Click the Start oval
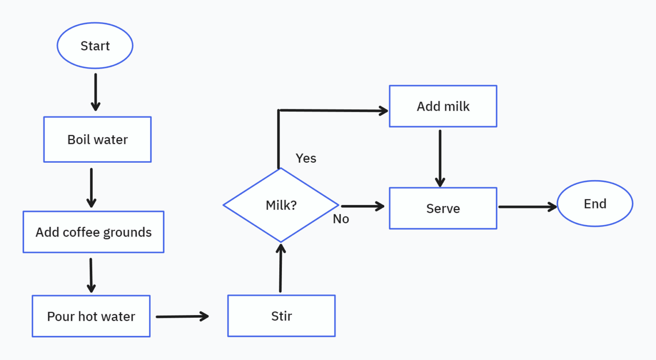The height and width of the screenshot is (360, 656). [x=95, y=46]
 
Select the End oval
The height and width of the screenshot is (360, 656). [x=595, y=204]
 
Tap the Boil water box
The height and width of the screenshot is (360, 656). [x=97, y=140]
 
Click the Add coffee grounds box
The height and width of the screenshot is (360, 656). [x=94, y=232]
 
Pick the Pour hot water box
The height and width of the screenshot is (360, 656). [x=91, y=316]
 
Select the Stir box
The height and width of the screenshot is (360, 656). [x=281, y=316]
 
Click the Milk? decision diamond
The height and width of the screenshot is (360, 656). [x=281, y=205]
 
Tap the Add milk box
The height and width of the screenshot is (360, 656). [x=443, y=106]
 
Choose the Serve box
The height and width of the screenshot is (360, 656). [x=443, y=208]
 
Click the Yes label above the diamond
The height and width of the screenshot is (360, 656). [x=306, y=158]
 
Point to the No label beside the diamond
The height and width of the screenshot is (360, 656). [x=341, y=219]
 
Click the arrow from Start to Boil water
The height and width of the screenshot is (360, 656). [x=96, y=92]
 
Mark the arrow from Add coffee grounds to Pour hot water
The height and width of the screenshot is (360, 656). [x=91, y=275]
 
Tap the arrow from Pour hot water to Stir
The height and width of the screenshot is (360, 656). [x=182, y=316]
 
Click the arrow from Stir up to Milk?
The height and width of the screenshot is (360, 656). [x=281, y=269]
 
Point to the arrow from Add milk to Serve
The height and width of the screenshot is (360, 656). [x=440, y=158]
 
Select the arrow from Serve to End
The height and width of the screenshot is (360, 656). [x=527, y=207]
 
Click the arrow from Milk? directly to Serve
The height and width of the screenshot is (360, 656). [x=363, y=206]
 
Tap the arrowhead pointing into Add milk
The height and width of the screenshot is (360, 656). [x=383, y=111]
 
